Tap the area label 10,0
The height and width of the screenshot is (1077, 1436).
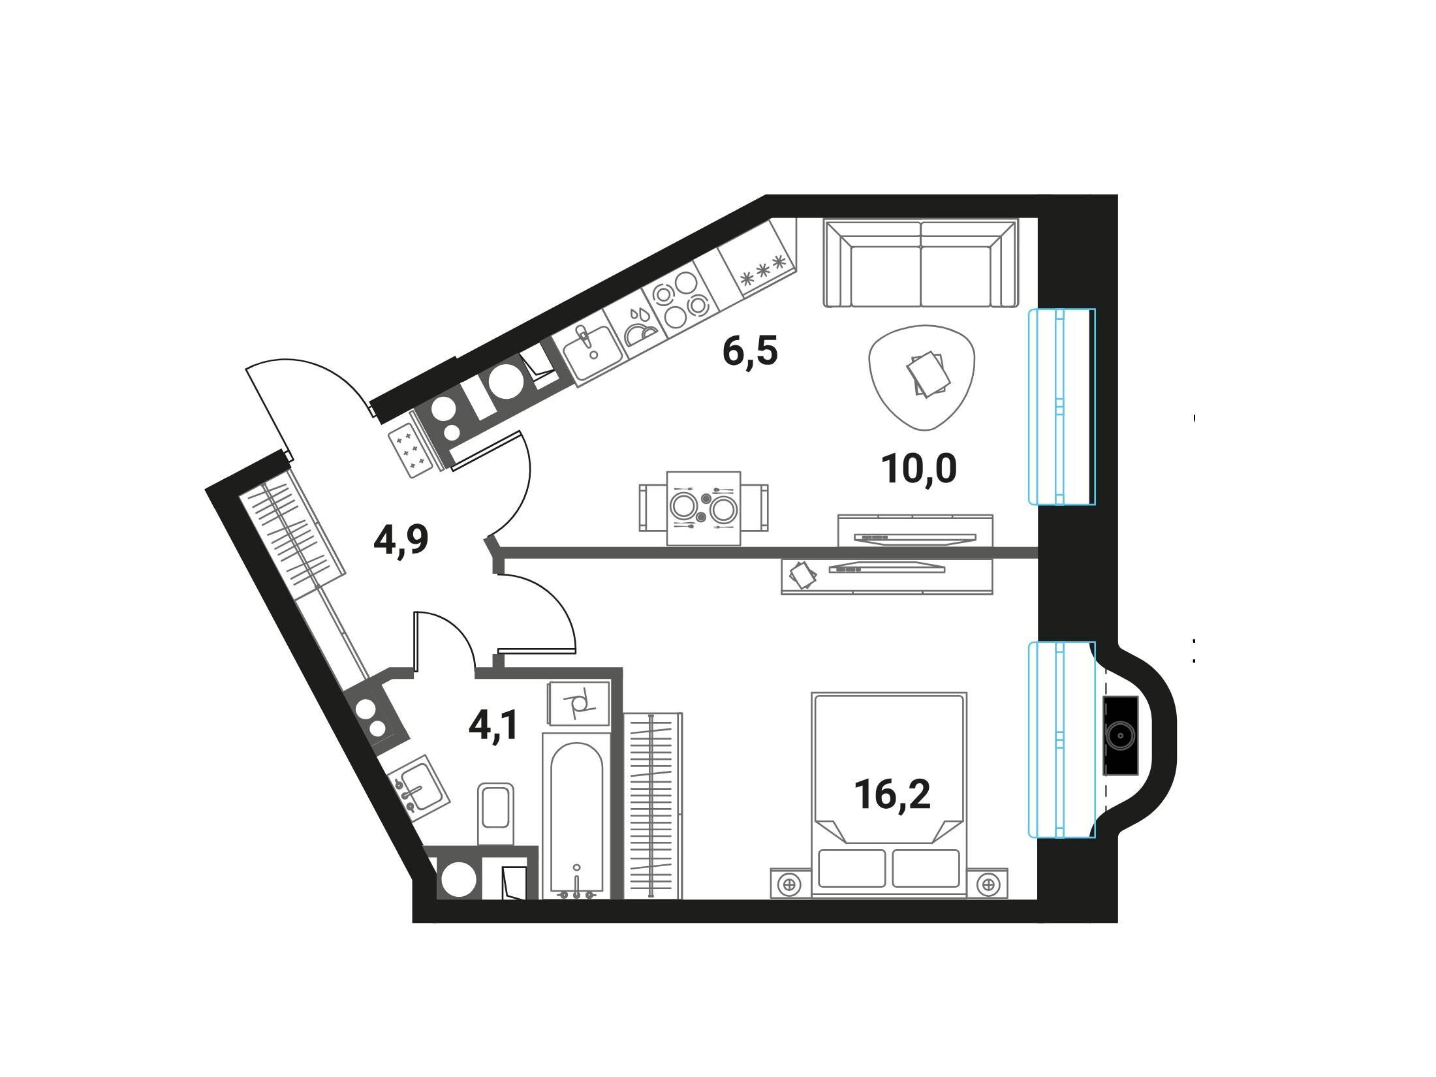click(x=919, y=469)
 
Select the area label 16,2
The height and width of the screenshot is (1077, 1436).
click(x=892, y=794)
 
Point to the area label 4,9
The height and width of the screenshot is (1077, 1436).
click(x=401, y=540)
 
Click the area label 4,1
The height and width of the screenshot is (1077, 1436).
click(x=493, y=726)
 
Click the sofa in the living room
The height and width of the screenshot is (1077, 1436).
click(x=921, y=263)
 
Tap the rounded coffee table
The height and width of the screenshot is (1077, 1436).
click(x=922, y=377)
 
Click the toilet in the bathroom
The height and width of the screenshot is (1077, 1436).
click(x=496, y=814)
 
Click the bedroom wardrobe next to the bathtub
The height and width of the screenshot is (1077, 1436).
click(x=653, y=805)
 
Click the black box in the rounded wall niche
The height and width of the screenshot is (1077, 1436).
click(x=1120, y=736)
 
